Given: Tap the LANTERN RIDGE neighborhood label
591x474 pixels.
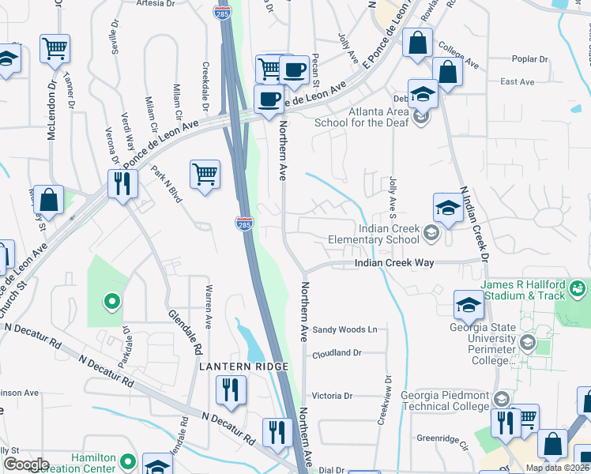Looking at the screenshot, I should coord(244,367).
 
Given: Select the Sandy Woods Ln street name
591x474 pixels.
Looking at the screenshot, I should coord(345,329).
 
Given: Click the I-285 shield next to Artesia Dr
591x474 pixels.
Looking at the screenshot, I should coord(222,12).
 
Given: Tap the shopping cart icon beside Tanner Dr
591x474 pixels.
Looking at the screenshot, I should coord(55,49).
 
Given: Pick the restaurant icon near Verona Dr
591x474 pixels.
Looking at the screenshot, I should coord(122,184).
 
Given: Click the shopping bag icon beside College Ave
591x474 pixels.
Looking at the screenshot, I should coord(447,72).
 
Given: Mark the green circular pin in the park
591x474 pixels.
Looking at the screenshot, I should coord(111,300).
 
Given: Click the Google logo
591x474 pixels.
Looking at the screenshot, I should coord(26,465).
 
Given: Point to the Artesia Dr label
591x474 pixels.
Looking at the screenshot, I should coord(156,4).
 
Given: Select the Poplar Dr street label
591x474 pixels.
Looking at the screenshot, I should coord(529,59).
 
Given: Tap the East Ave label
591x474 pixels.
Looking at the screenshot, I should coord(518,82).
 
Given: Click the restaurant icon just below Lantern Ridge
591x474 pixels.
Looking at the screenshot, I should coord(231,389).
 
